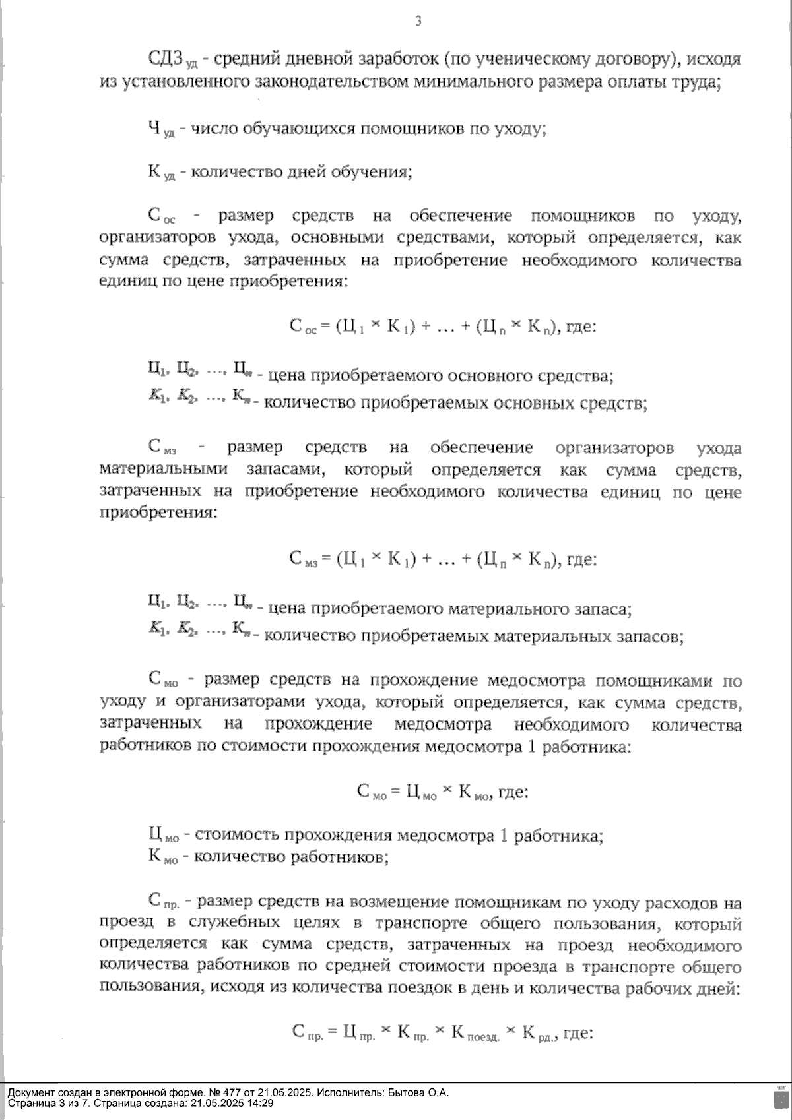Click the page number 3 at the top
418,22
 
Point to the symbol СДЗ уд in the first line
172,60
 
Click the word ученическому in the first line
515,60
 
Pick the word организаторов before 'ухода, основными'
150,237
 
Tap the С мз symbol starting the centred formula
304,561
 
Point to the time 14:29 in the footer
260,1102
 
